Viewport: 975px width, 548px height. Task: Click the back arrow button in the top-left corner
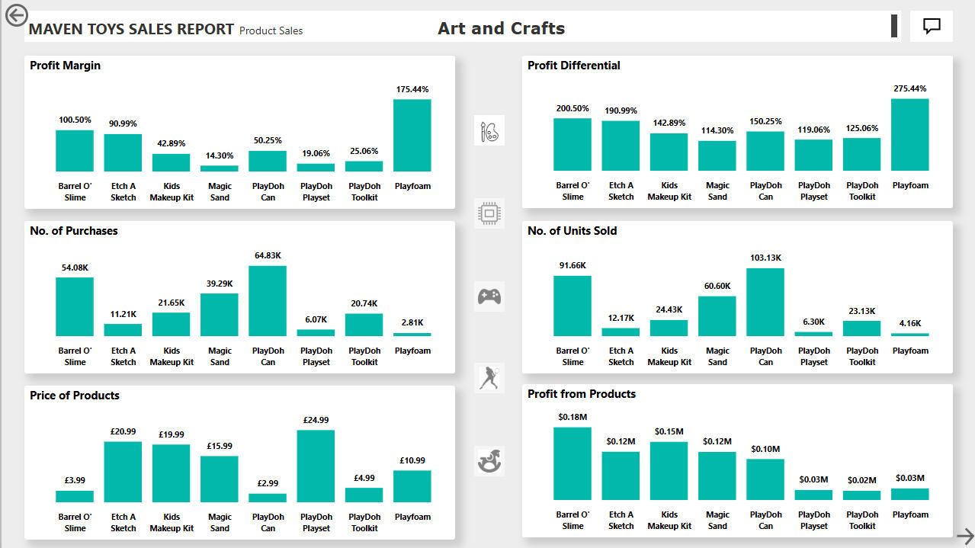click(x=17, y=15)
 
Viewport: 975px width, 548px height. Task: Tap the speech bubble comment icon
click(x=932, y=26)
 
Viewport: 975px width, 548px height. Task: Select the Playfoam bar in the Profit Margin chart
click(x=412, y=136)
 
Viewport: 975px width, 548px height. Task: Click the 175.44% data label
click(x=412, y=89)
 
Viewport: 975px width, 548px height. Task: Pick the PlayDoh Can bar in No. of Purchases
click(x=268, y=301)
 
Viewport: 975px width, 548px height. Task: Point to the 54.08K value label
click(x=75, y=268)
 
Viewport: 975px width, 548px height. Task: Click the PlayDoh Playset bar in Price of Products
click(x=316, y=466)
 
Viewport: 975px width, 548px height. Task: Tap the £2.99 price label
click(x=268, y=483)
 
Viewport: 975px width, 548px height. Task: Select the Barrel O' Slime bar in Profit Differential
click(x=572, y=145)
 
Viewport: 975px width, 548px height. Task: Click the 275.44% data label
click(x=910, y=88)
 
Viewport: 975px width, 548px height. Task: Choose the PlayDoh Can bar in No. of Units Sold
click(x=765, y=302)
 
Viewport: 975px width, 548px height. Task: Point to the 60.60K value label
click(x=717, y=286)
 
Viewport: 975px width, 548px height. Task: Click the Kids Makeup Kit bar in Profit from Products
click(x=669, y=471)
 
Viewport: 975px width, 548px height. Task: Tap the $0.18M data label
click(x=572, y=417)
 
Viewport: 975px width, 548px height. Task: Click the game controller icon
click(x=489, y=296)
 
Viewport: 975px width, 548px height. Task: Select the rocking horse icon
click(x=489, y=461)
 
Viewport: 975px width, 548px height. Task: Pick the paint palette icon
click(x=489, y=131)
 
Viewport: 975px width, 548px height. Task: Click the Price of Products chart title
click(x=75, y=396)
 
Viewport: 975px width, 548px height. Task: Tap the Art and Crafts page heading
click(x=501, y=28)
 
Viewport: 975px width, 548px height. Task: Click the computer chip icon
click(x=489, y=213)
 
